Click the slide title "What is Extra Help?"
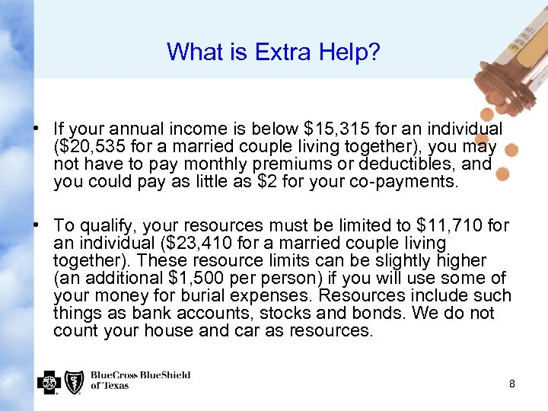click(273, 52)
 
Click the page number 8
click(512, 384)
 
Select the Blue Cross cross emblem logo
click(48, 381)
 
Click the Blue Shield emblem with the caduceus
click(74, 381)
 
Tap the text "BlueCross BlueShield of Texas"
click(140, 380)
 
